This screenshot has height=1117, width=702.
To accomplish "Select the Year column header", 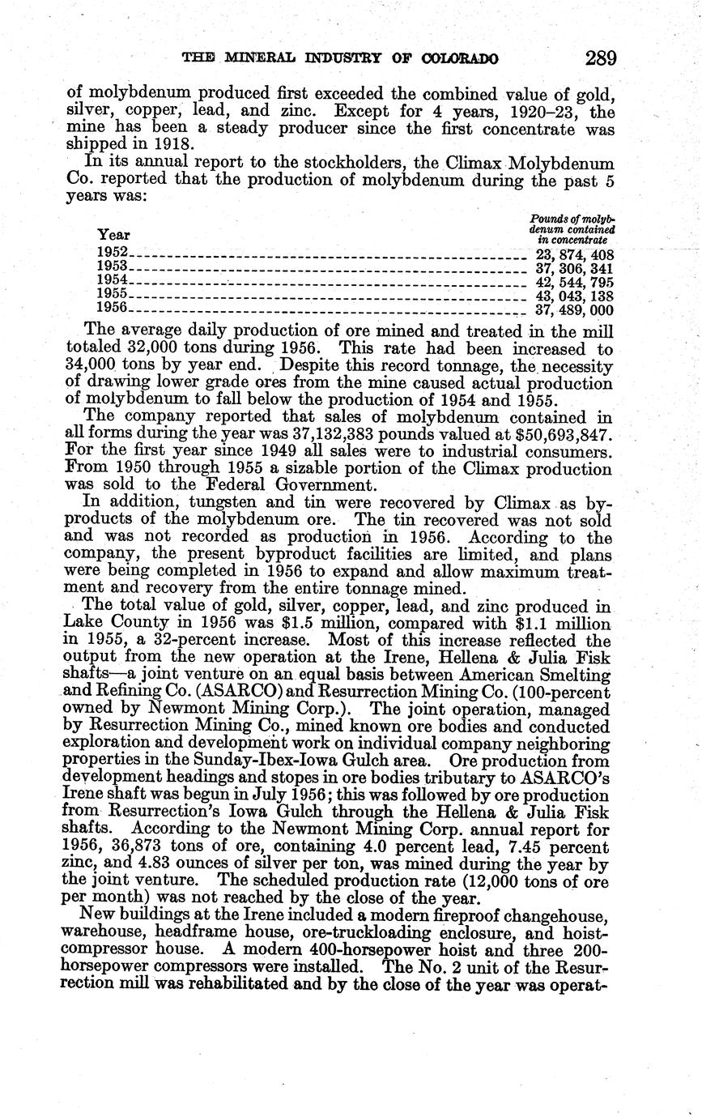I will pos(113,234).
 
